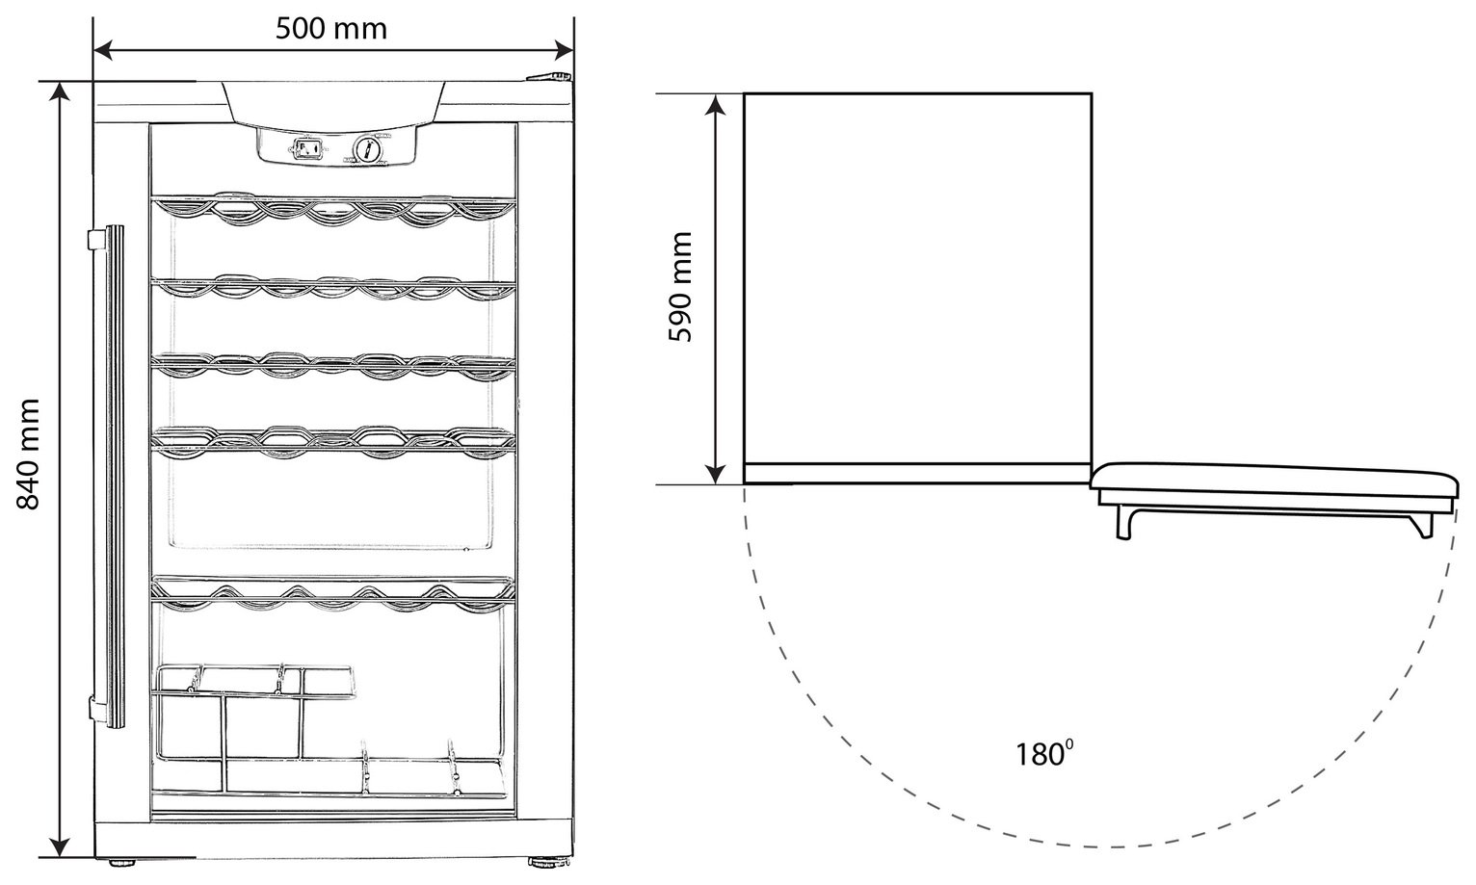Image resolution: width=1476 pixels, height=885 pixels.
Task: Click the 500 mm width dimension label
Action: click(330, 29)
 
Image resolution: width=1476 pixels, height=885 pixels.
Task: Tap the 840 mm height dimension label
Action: click(28, 455)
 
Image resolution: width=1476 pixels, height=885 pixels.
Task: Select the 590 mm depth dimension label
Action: click(680, 287)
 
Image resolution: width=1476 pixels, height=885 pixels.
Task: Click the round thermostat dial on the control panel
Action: click(367, 149)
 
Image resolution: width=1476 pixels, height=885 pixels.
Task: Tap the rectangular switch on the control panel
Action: click(307, 149)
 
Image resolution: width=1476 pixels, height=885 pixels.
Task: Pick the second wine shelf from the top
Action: click(332, 287)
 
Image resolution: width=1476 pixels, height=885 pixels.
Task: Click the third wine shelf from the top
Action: click(332, 365)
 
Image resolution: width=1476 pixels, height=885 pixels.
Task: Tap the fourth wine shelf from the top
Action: click(332, 440)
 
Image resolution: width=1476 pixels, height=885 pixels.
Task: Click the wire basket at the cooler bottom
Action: click(329, 730)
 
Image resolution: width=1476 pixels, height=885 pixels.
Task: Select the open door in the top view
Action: click(1273, 501)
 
